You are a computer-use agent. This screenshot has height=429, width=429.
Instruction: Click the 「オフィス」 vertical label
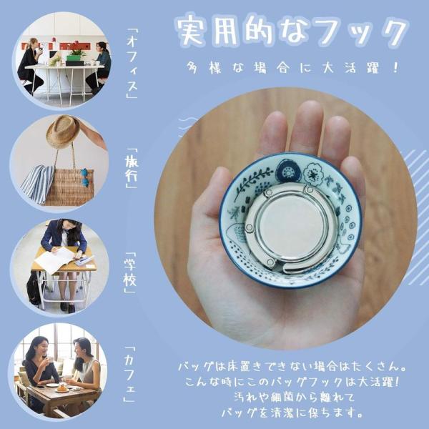point(132,63)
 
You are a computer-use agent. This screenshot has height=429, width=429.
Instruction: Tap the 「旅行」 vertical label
point(132,168)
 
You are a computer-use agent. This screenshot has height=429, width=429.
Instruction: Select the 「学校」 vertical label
point(130,272)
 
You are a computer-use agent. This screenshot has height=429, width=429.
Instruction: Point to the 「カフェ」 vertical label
point(129,374)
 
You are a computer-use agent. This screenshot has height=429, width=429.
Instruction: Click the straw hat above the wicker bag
point(63,132)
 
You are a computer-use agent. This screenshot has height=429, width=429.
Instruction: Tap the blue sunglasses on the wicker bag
point(85,177)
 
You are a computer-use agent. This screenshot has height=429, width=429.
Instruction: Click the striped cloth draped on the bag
point(38,184)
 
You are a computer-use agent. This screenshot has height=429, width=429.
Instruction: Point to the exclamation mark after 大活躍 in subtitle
point(395,67)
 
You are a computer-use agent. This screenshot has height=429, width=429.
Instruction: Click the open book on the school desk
point(55,260)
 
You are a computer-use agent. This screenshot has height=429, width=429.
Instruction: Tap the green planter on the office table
point(74,58)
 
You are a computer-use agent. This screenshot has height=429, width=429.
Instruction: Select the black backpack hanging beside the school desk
point(34,287)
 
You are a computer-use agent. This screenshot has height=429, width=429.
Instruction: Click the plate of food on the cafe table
point(61,388)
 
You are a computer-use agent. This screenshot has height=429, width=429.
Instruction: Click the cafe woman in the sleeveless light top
point(85,367)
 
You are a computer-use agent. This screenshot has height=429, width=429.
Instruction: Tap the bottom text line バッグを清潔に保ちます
point(292,413)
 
